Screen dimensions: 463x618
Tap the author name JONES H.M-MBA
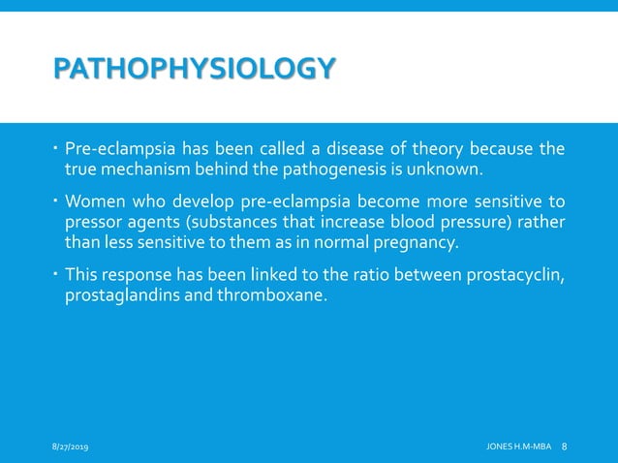(x=517, y=446)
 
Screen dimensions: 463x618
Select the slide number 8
(x=565, y=446)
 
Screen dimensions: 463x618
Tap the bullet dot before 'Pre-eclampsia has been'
(x=56, y=148)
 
